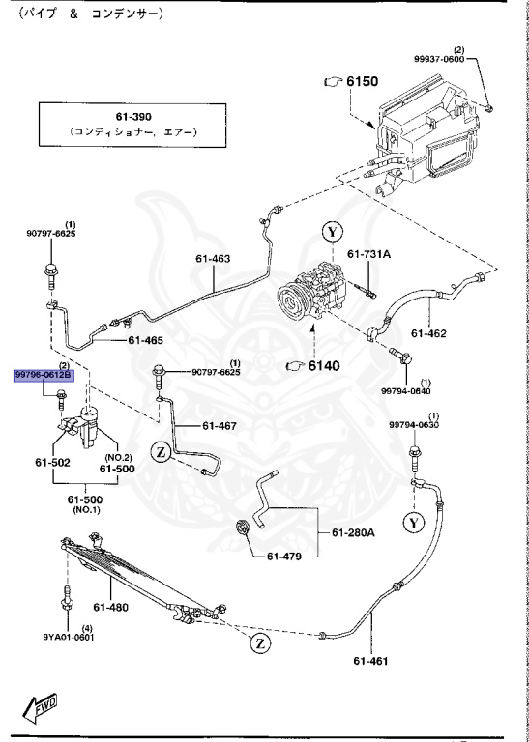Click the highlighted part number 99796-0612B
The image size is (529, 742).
point(44,375)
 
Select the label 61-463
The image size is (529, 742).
point(213,259)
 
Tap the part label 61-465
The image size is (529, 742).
point(144,340)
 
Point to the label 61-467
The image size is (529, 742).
point(220,425)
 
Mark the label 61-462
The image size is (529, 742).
point(428,334)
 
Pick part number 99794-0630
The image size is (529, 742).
point(414,424)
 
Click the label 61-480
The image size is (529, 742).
point(111,607)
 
